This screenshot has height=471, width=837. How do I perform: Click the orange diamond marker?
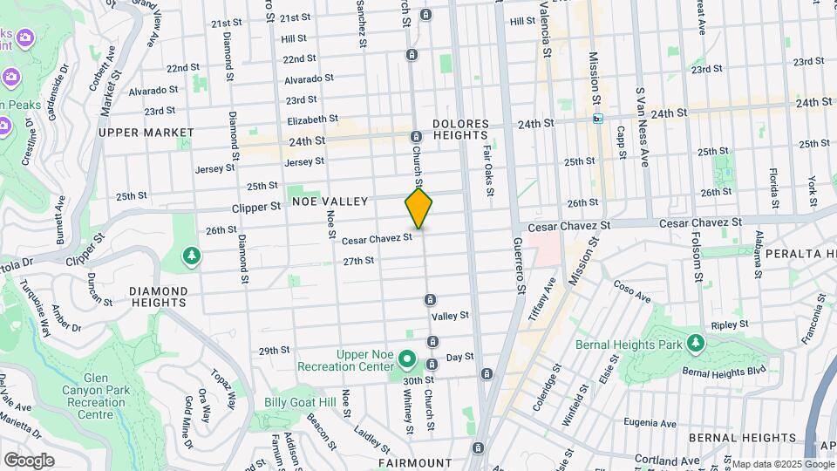pos(418,208)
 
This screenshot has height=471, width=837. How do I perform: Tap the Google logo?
pos(29,460)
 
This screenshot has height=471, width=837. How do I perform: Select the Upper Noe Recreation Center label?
pos(365,360)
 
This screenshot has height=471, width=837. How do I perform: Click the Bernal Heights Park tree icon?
pos(695,343)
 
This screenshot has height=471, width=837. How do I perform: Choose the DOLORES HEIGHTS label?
pos(459,129)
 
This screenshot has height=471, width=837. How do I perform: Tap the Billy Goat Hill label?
pos(300,402)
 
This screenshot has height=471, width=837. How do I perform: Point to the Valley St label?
pos(451,316)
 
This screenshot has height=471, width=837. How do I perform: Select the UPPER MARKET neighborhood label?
pos(146,133)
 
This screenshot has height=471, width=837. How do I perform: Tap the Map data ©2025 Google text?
pos(782,464)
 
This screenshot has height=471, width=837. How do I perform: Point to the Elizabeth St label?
pos(312,119)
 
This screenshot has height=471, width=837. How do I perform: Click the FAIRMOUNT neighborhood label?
pos(415,462)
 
